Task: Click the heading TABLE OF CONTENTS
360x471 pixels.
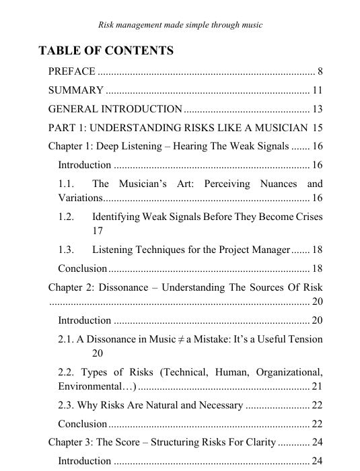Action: (x=106, y=50)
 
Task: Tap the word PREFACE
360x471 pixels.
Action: (x=71, y=71)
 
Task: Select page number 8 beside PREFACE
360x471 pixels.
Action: (x=320, y=71)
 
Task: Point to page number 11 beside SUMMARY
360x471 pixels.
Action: (x=318, y=90)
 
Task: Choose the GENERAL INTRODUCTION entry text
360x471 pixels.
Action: (x=115, y=109)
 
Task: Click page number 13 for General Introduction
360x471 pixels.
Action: (x=318, y=109)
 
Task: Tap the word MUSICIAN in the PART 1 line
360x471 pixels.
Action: (x=275, y=128)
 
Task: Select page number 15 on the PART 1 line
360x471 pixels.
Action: (x=318, y=128)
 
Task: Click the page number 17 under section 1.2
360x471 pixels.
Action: (x=98, y=230)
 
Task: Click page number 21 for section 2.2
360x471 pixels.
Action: (x=318, y=386)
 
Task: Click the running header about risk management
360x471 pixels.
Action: (x=180, y=25)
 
